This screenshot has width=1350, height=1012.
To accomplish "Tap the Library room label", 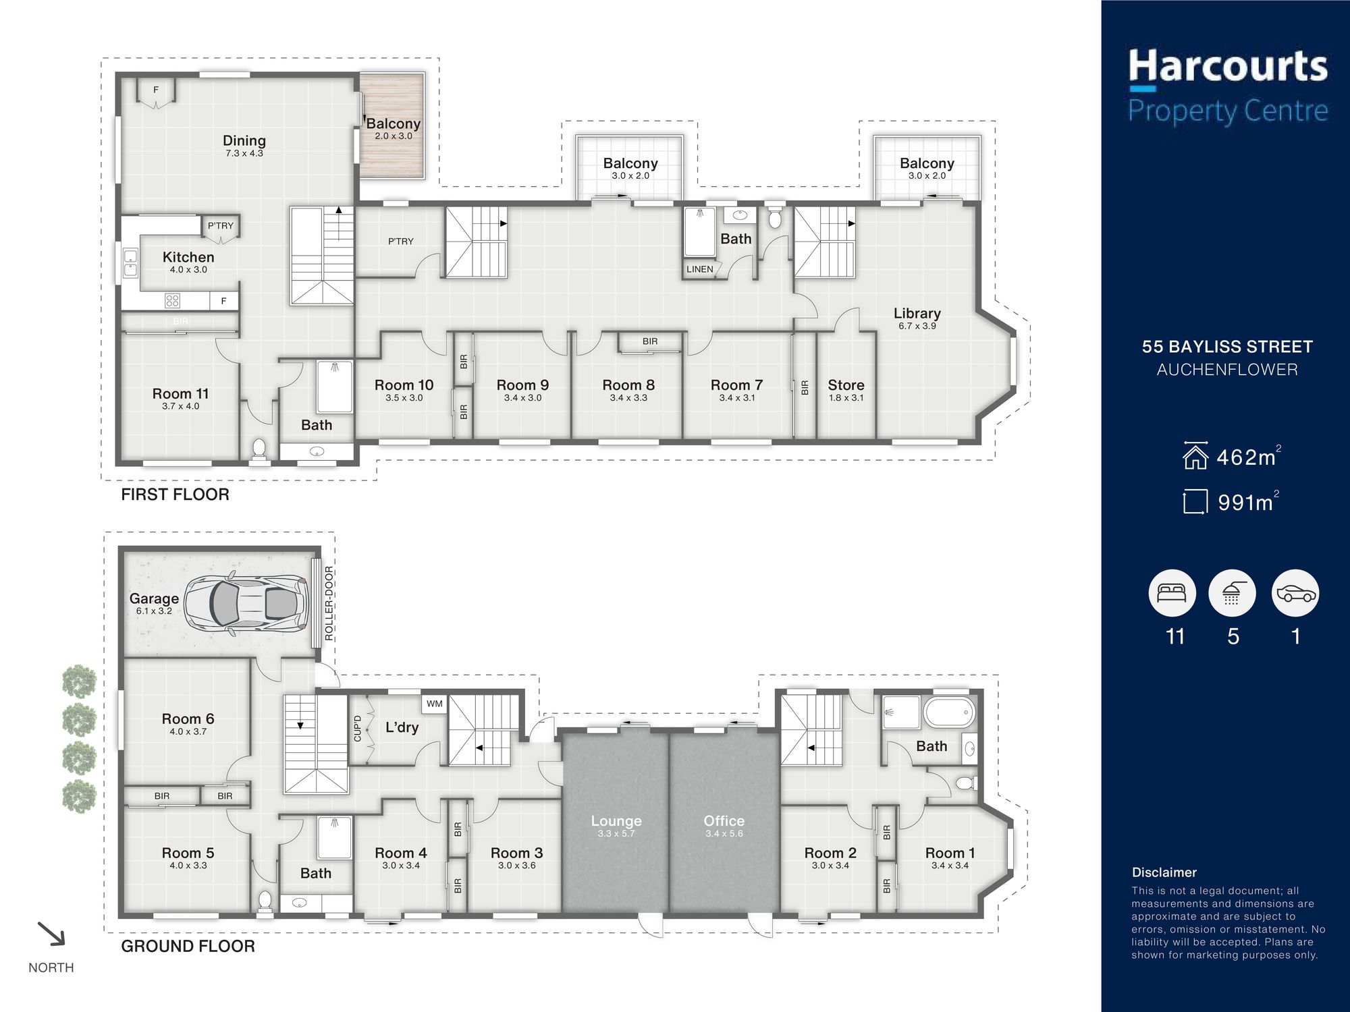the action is pyautogui.click(x=917, y=313).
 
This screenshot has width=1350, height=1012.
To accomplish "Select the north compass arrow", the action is pyautogui.click(x=51, y=934).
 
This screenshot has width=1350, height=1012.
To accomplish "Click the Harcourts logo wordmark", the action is pyautogui.click(x=1228, y=67).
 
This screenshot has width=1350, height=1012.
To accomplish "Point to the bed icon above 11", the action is pyautogui.click(x=1172, y=593).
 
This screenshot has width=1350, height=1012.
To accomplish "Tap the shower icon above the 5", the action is pyautogui.click(x=1232, y=593).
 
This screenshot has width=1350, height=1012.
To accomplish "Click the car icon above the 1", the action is pyautogui.click(x=1295, y=593).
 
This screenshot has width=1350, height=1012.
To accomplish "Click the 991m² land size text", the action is pyautogui.click(x=1248, y=502).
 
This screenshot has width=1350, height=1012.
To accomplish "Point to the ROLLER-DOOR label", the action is pyautogui.click(x=329, y=603).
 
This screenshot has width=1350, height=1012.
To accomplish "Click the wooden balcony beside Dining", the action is pyautogui.click(x=391, y=126).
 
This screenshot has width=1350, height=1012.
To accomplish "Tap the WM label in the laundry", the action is pyautogui.click(x=435, y=704).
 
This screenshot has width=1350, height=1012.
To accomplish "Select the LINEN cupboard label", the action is pyautogui.click(x=700, y=269).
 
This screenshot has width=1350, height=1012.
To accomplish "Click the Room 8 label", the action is pyautogui.click(x=628, y=385).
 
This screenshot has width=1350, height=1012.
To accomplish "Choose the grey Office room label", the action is pyautogui.click(x=724, y=820).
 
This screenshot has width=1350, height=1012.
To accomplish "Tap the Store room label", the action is pyautogui.click(x=846, y=385).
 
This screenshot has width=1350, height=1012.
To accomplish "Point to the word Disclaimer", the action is pyautogui.click(x=1164, y=872).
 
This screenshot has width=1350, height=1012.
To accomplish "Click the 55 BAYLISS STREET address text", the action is pyautogui.click(x=1227, y=347).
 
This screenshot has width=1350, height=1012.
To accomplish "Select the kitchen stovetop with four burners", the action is pyautogui.click(x=173, y=301).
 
